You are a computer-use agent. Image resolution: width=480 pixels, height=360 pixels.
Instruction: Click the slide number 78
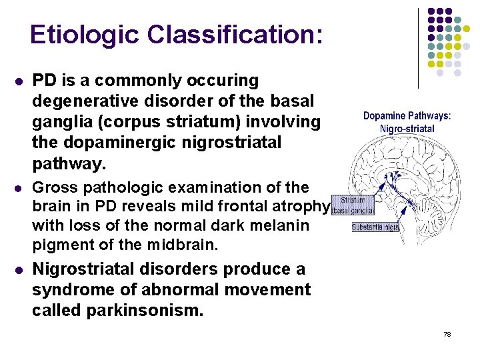click(447, 333)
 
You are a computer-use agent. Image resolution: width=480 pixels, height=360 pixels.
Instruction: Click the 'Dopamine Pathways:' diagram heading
click(407, 116)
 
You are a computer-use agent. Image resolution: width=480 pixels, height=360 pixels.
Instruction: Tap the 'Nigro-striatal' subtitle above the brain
click(407, 128)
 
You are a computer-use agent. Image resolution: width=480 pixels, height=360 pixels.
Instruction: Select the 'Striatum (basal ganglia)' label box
click(351, 205)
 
